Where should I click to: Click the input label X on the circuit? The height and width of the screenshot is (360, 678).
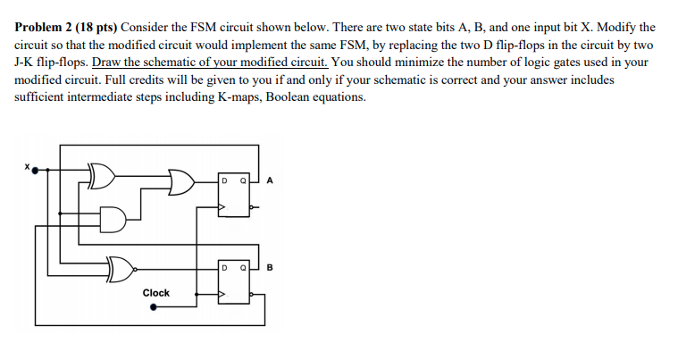tap(27, 164)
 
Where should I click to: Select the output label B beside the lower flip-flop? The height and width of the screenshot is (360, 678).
tap(269, 266)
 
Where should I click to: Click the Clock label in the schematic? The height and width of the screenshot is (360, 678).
tap(155, 292)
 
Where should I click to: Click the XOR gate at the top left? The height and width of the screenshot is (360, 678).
tap(102, 174)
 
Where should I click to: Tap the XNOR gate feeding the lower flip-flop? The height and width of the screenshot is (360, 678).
tap(122, 265)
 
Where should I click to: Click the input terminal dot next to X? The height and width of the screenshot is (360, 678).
tap(35, 171)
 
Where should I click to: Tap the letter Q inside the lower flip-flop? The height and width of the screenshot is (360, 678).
tap(243, 266)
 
